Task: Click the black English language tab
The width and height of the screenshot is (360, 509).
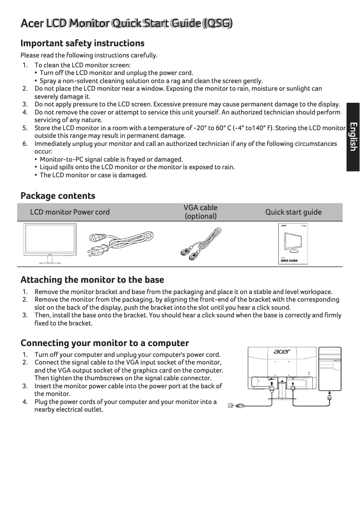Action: click(x=353, y=137)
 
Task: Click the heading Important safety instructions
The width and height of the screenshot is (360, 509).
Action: click(x=83, y=43)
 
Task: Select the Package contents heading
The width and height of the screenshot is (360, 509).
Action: click(x=58, y=196)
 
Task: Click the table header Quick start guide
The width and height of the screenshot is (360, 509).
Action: click(x=293, y=212)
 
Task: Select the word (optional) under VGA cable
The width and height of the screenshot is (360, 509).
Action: click(x=201, y=216)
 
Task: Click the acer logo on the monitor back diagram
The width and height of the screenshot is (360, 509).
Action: click(x=282, y=351)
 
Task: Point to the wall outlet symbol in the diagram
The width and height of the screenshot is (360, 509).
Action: click(x=231, y=406)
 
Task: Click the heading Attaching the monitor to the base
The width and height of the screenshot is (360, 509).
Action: click(x=92, y=280)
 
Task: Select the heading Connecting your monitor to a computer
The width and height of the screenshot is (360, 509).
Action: click(x=105, y=343)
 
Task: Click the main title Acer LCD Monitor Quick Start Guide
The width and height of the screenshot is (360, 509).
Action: click(x=127, y=23)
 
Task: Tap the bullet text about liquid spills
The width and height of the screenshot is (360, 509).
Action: click(x=137, y=167)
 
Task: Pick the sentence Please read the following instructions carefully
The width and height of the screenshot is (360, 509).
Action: click(x=89, y=55)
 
